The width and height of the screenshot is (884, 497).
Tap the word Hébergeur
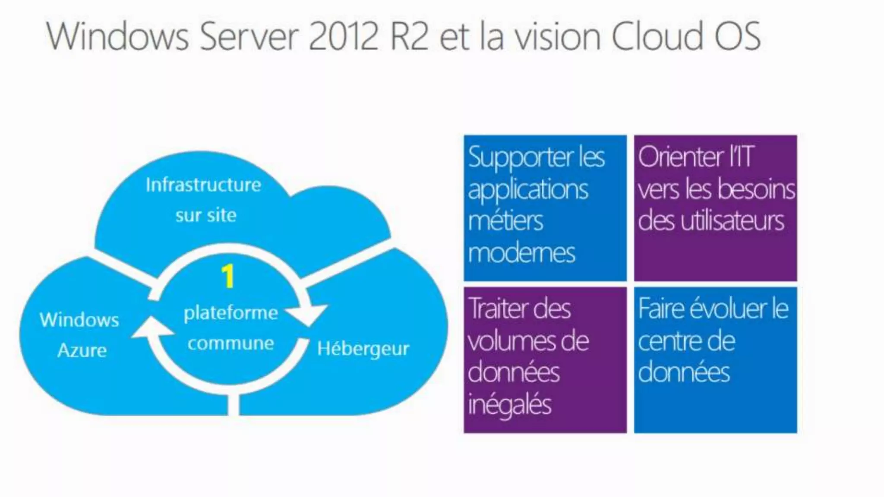363,349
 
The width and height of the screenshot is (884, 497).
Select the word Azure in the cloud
82,350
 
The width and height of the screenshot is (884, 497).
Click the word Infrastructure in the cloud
203,185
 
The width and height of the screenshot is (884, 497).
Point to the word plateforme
230,313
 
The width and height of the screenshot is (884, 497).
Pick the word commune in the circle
230,344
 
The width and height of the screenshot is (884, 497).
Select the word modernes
521,253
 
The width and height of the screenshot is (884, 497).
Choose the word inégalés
509,405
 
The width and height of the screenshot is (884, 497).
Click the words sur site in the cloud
206,215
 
